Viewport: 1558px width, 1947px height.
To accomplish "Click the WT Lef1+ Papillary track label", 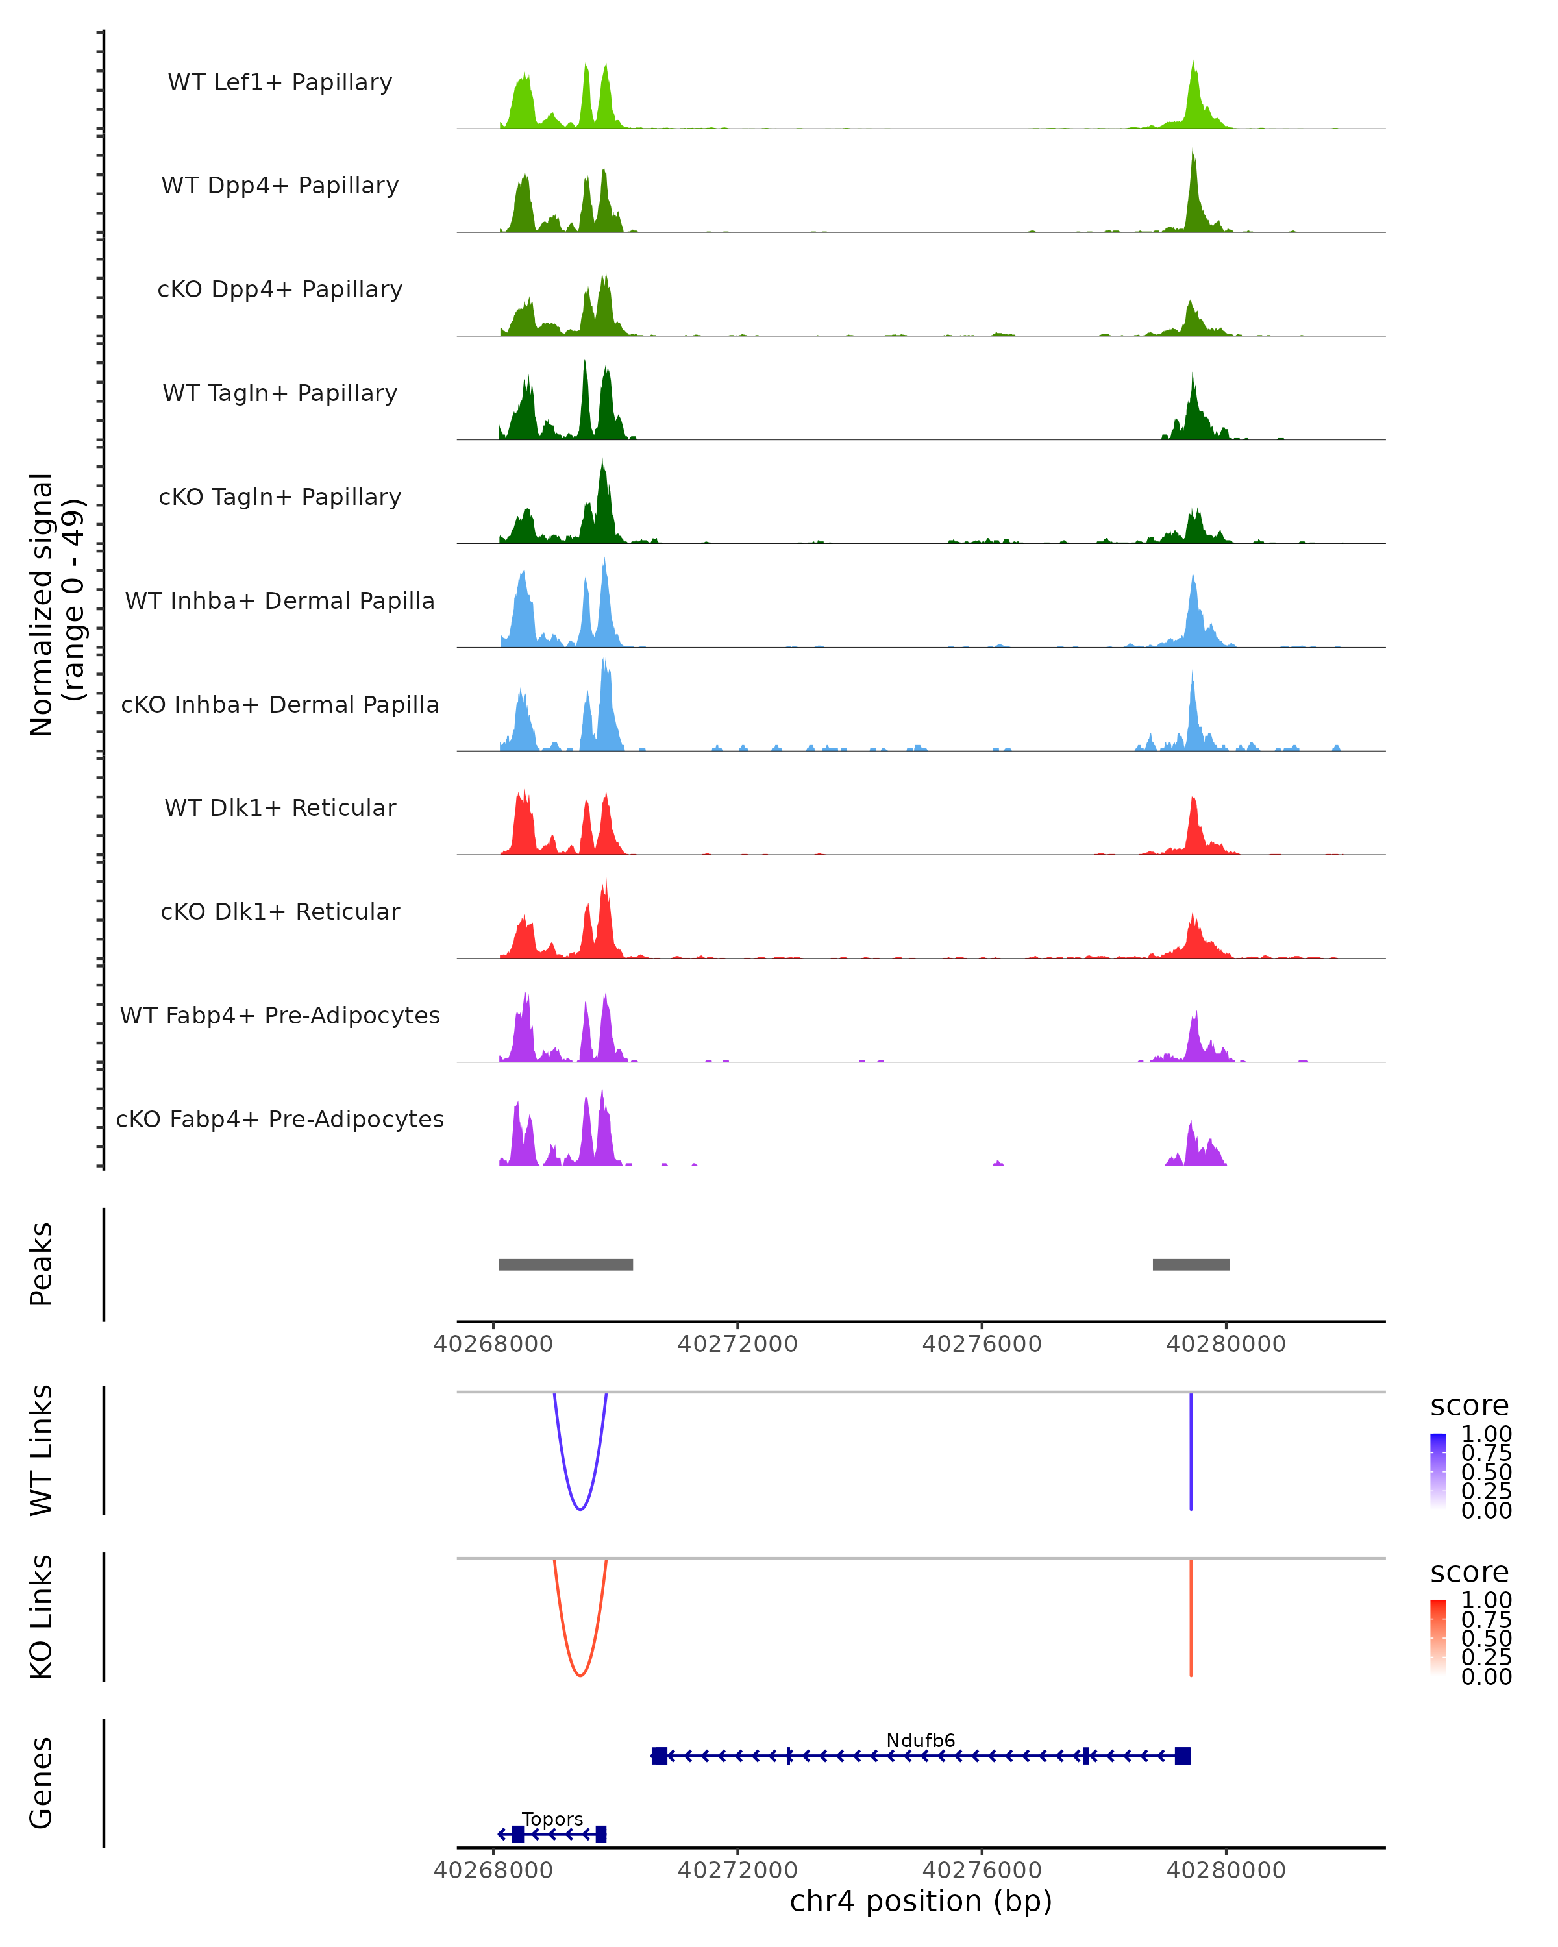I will point(280,82).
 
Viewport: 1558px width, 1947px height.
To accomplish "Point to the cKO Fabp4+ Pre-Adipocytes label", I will point(280,1119).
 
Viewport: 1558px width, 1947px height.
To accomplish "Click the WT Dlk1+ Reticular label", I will point(280,807).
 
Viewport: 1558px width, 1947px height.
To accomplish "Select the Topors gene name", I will point(552,1818).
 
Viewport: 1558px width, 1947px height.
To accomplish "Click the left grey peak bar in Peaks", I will point(565,1264).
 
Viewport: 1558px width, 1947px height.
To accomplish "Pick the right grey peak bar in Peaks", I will point(1191,1264).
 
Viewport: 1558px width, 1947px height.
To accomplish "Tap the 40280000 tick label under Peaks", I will point(1226,1344).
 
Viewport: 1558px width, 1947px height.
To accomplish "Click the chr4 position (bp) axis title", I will point(921,1901).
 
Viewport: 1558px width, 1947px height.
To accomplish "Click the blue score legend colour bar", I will point(1438,1470).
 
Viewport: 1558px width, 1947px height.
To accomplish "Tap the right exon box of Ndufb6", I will point(1182,1756).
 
